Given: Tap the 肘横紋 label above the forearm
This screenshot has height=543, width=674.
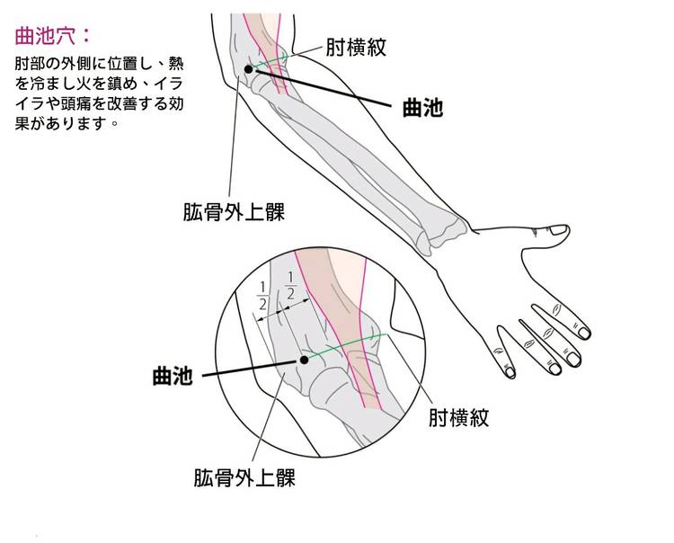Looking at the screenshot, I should [x=356, y=48].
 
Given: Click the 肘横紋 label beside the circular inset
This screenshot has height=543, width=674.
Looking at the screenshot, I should [x=457, y=418].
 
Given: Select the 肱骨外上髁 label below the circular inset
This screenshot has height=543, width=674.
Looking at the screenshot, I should [x=244, y=476].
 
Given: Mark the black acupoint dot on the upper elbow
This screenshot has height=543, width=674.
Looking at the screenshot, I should [x=248, y=69].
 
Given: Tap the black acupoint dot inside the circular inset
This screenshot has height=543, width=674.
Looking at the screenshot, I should [x=304, y=360].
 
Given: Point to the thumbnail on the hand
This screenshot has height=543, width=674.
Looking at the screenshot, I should [x=557, y=230].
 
